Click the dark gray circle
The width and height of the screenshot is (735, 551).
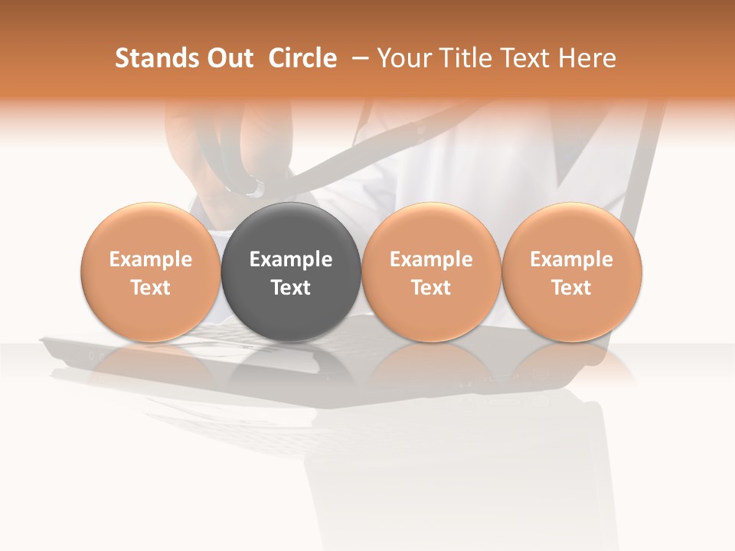point(291,272)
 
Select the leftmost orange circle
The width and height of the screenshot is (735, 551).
point(151,272)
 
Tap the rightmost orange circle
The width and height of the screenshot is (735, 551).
point(572,272)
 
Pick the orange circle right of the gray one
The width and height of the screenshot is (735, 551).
point(431,272)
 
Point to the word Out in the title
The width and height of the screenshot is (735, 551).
point(228,58)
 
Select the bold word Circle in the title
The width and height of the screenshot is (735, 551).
point(302,58)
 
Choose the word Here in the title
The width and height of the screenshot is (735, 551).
point(587,58)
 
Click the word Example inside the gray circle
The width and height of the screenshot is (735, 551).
point(291,259)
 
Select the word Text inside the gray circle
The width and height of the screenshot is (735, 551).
point(291,288)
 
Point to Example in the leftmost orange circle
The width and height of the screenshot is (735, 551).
point(151,259)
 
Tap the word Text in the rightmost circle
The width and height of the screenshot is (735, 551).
point(572,288)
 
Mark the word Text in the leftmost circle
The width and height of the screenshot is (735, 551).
point(151,288)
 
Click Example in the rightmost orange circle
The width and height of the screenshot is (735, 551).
point(572,259)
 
